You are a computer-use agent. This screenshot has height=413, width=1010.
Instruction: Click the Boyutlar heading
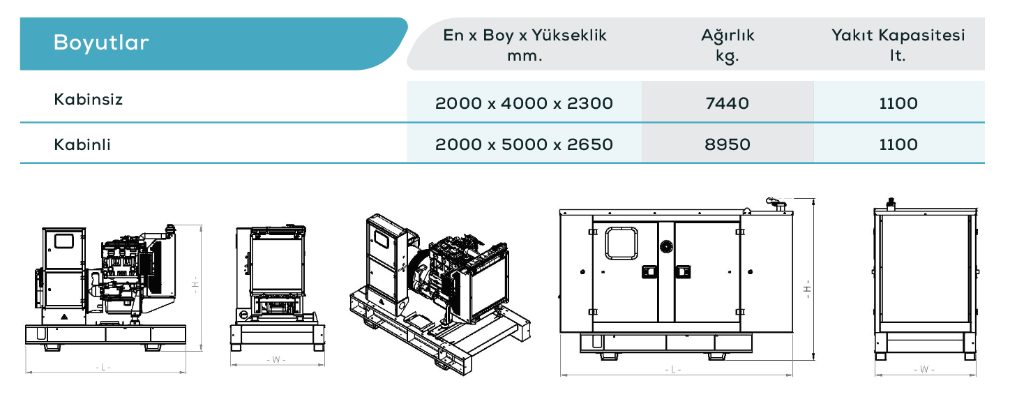101,43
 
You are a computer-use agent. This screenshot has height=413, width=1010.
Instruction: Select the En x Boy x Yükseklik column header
525,45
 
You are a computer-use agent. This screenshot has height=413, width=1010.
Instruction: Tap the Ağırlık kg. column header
728,45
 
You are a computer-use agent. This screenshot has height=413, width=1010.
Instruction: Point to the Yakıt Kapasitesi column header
898,45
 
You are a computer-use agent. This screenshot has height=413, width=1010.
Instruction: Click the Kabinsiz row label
89,99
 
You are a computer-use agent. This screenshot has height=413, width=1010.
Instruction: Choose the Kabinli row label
82,144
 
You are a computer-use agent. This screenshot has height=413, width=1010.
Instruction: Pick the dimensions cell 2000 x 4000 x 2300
524,103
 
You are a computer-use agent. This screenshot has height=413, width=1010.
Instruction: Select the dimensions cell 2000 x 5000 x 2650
524,144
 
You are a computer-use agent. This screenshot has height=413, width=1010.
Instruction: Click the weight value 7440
728,103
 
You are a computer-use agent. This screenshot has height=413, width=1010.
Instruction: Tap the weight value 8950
728,144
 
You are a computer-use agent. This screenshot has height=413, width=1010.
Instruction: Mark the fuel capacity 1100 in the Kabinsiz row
898,103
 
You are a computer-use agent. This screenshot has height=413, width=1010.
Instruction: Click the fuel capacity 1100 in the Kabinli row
898,144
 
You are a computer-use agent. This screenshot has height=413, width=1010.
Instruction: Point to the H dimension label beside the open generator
195,285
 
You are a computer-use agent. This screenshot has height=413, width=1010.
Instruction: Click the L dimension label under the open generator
103,368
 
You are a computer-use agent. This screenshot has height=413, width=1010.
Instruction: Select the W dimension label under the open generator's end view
276,359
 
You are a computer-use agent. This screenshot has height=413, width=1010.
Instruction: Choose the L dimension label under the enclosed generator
672,370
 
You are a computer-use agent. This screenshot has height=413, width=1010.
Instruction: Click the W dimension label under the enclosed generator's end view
924,369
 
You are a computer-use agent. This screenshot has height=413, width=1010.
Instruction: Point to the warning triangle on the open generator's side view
64,317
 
